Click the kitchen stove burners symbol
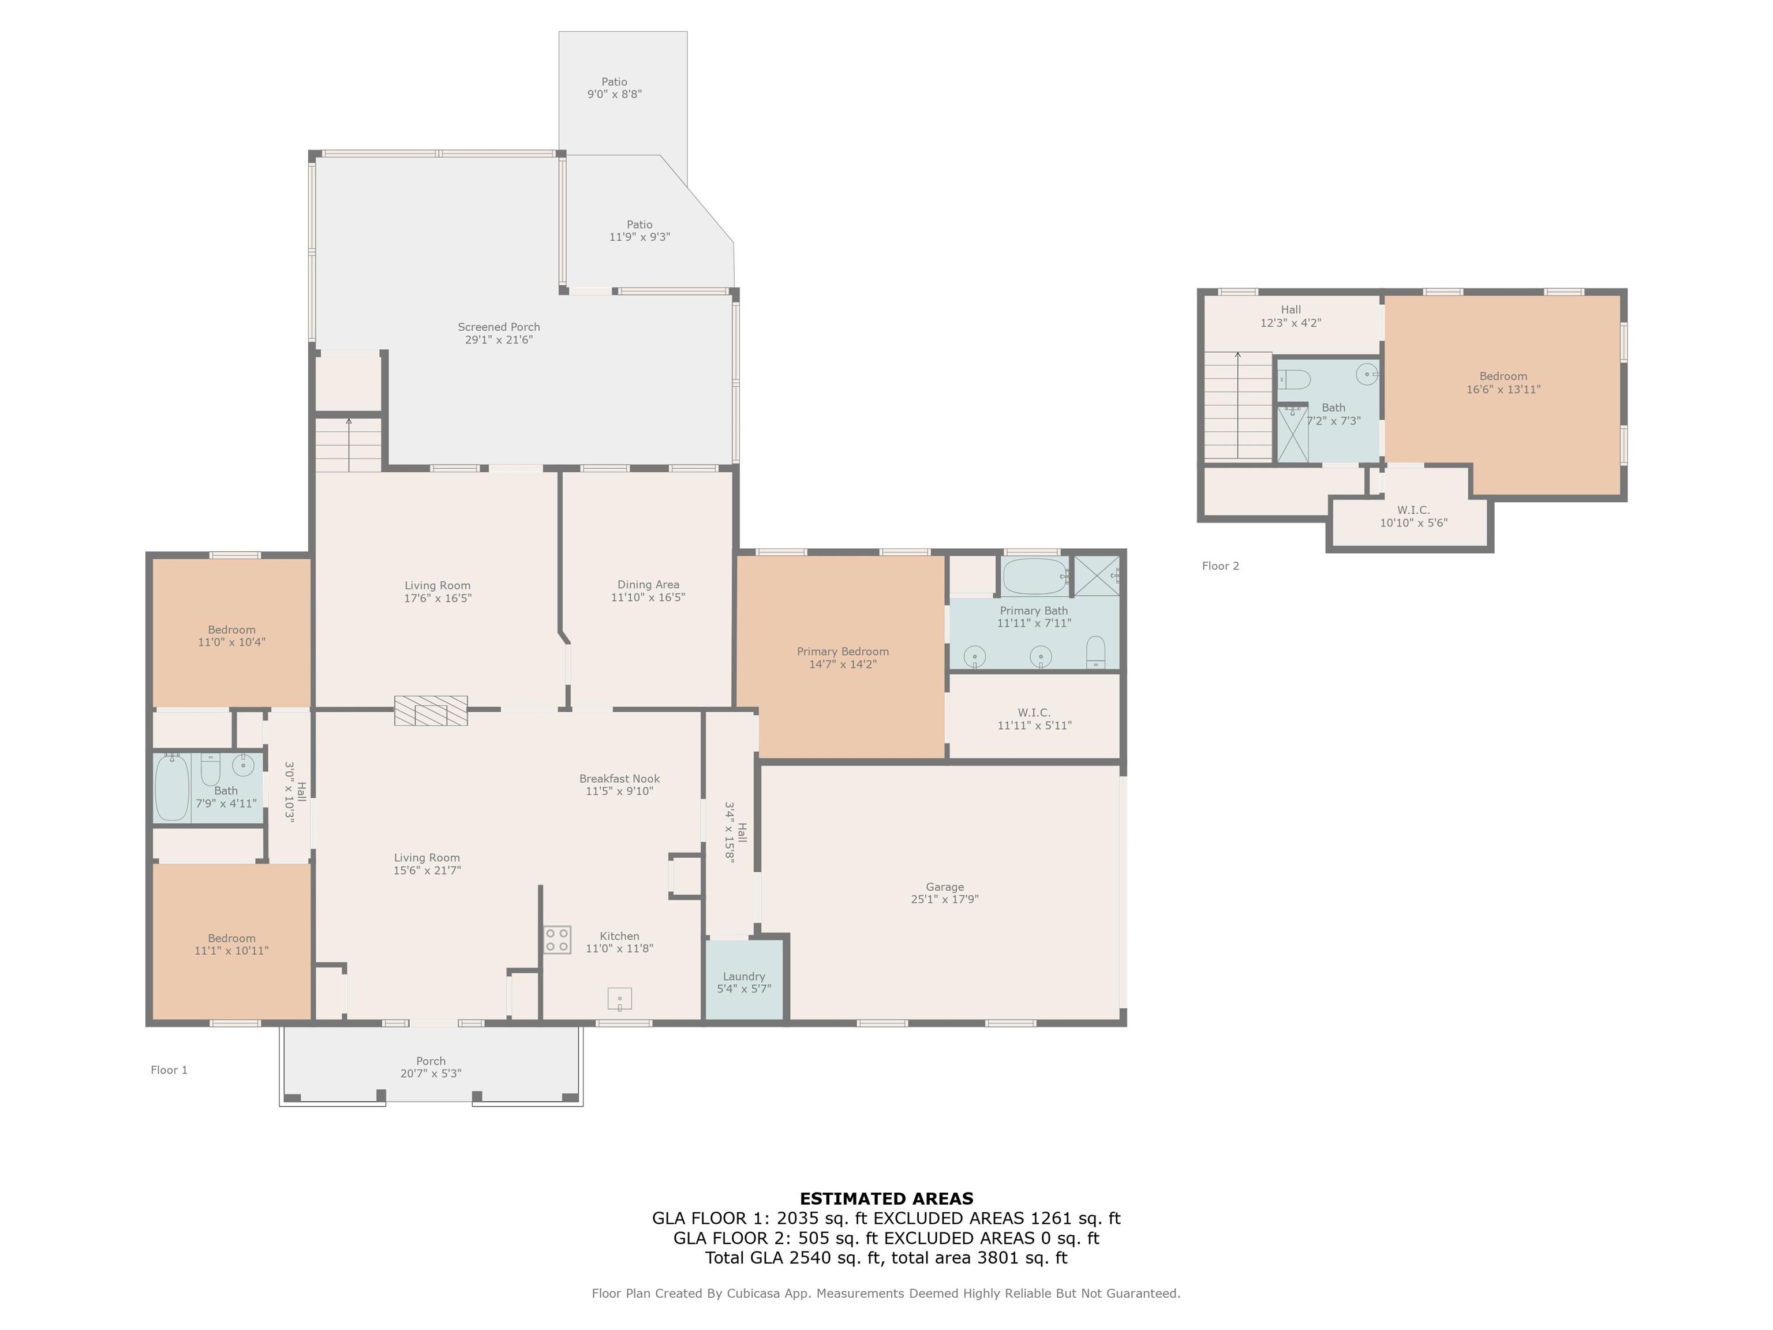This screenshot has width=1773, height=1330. click(557, 940)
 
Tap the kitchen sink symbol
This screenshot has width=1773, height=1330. click(620, 999)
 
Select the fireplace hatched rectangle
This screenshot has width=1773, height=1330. click(431, 710)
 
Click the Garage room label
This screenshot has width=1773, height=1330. click(944, 893)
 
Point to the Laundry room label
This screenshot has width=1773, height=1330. click(744, 982)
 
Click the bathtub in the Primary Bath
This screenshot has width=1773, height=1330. click(1035, 576)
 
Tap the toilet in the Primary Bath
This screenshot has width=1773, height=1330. click(1095, 652)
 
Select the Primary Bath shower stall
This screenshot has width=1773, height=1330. click(1097, 576)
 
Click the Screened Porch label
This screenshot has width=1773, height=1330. click(499, 332)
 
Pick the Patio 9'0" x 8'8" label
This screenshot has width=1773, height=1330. click(615, 87)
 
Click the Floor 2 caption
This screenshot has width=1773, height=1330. click(1220, 566)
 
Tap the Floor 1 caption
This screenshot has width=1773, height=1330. click(169, 1070)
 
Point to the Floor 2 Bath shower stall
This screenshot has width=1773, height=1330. click(1292, 434)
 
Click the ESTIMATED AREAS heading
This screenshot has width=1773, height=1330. click(886, 1198)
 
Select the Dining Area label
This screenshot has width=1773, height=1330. click(648, 591)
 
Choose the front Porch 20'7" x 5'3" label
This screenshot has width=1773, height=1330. click(431, 1067)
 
